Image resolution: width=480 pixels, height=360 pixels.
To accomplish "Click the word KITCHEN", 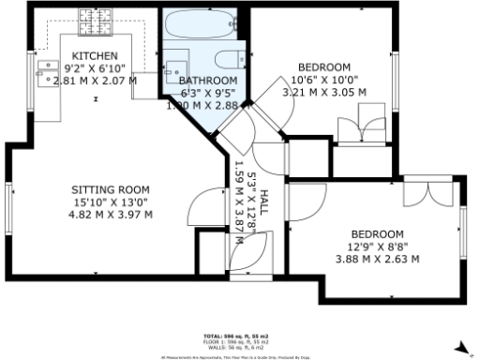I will [95, 57].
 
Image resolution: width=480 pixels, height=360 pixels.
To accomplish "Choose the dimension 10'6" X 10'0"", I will [323, 80].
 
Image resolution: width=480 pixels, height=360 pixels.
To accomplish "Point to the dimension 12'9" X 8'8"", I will [377, 247].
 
